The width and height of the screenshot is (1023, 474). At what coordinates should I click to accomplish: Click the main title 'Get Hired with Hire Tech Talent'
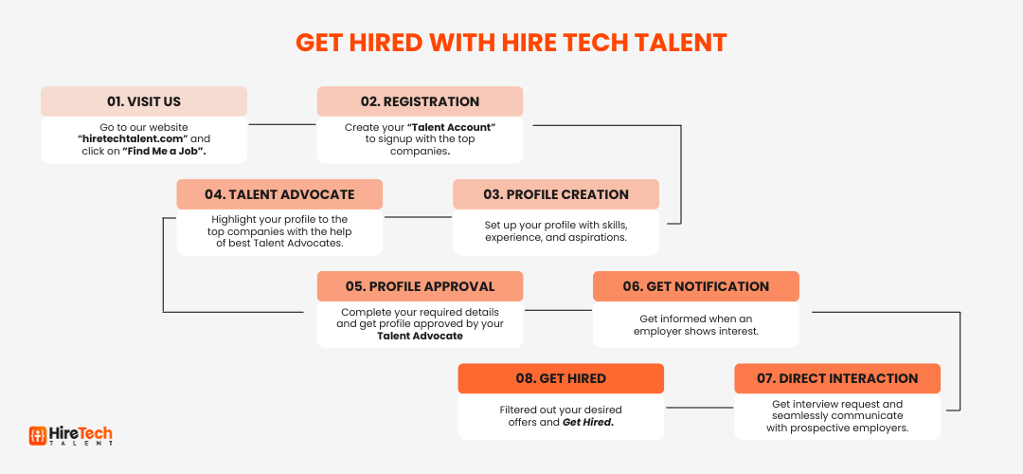click(511, 43)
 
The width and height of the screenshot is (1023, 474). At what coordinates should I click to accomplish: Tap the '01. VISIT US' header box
click(144, 101)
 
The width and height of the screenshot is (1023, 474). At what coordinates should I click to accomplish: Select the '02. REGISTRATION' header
click(421, 101)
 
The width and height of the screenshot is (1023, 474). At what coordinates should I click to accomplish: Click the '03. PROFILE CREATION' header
click(556, 194)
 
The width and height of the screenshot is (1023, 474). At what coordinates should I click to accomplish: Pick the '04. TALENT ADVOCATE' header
click(279, 194)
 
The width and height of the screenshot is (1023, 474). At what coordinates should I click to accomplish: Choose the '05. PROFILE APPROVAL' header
click(421, 286)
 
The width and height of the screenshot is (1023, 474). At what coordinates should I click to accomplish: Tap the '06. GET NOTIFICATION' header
click(696, 286)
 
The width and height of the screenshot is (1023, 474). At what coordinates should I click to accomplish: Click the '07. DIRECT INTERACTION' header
click(837, 378)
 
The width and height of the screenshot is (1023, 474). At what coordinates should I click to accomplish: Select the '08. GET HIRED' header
click(561, 378)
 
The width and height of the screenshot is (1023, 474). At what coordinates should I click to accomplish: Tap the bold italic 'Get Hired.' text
click(588, 423)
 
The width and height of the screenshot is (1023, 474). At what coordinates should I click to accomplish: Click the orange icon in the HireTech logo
click(38, 435)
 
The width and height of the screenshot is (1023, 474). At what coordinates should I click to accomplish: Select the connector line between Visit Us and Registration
click(282, 125)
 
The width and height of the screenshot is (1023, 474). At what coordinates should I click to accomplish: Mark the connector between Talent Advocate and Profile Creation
click(418, 217)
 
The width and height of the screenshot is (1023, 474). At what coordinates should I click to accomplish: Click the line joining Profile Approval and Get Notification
click(559, 310)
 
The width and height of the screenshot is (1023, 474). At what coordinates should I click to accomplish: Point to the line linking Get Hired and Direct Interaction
click(699, 408)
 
